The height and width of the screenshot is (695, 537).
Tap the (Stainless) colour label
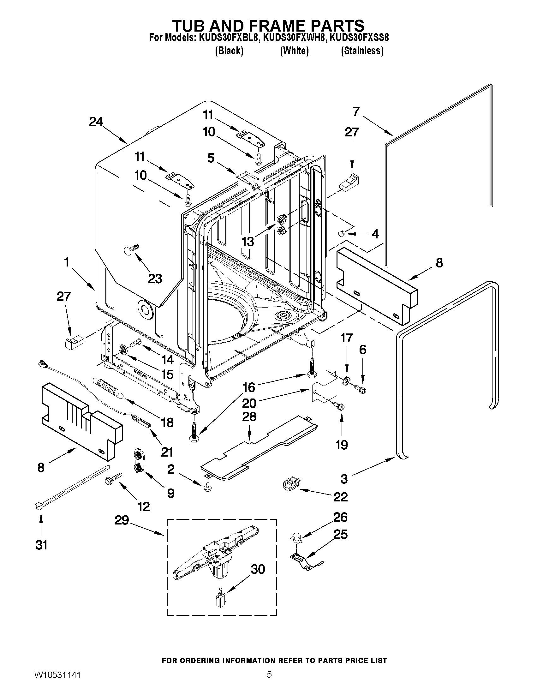tap(362, 51)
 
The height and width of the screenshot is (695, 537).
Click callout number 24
tap(96, 122)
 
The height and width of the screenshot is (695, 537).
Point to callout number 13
tap(248, 242)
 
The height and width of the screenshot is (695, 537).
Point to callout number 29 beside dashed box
tap(122, 521)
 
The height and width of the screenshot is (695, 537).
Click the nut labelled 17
tap(346, 380)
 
